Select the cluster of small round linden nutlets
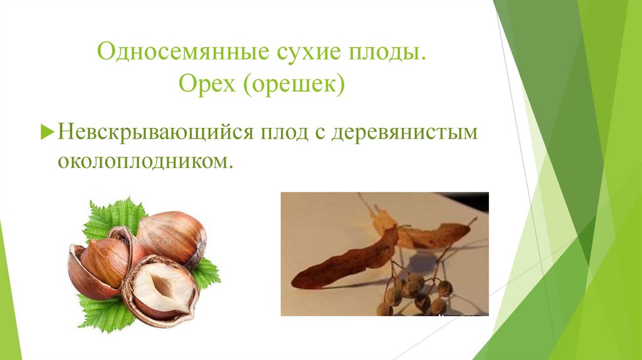coord(414,292)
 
